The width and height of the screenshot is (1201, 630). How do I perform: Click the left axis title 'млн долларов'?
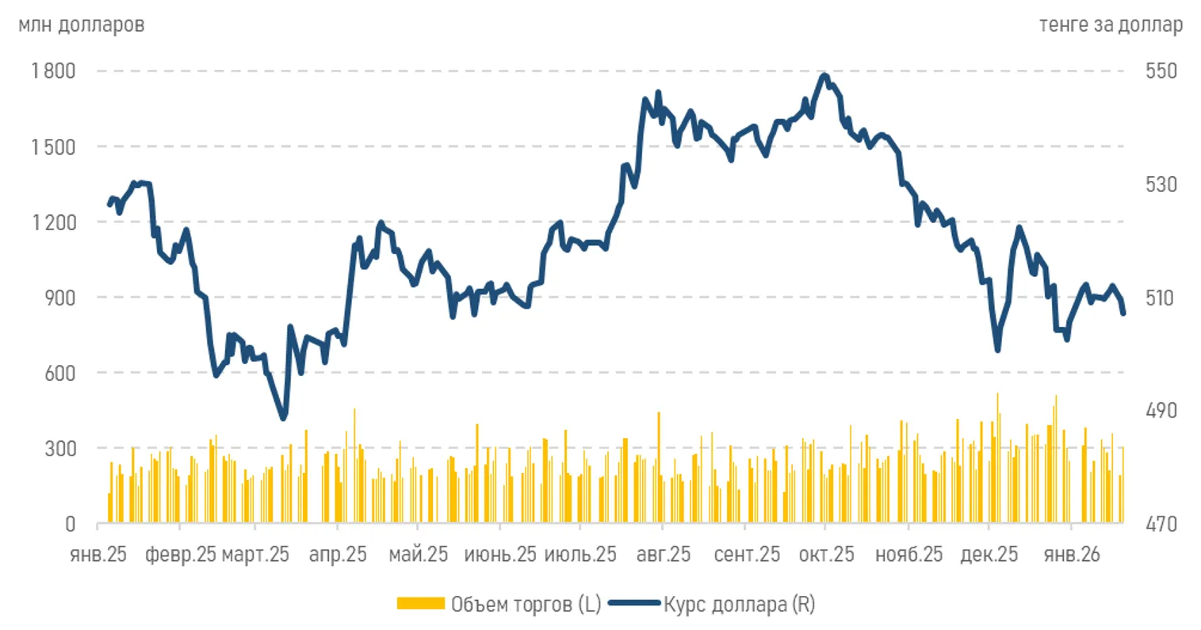pyautogui.click(x=81, y=25)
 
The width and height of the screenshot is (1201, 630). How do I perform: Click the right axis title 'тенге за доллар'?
pyautogui.click(x=1110, y=25)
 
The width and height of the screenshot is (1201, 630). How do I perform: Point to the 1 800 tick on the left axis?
pyautogui.click(x=54, y=71)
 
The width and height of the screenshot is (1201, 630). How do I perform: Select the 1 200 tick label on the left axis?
pyautogui.click(x=54, y=222)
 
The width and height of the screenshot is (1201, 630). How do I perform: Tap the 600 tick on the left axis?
pyautogui.click(x=60, y=373)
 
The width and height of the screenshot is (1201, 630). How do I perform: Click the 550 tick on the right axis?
pyautogui.click(x=1161, y=71)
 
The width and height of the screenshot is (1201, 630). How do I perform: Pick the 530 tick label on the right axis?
pyautogui.click(x=1161, y=184)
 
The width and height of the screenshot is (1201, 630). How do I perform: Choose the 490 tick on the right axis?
pyautogui.click(x=1161, y=410)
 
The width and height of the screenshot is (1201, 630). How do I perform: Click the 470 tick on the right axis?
pyautogui.click(x=1161, y=524)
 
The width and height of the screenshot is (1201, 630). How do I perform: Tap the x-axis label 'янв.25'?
pyautogui.click(x=98, y=554)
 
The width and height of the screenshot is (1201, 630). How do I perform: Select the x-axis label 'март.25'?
pyautogui.click(x=255, y=554)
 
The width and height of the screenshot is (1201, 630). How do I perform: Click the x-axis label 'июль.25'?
pyautogui.click(x=580, y=554)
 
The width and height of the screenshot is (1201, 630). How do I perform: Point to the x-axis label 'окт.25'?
pyautogui.click(x=826, y=554)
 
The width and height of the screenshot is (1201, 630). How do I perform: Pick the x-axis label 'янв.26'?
pyautogui.click(x=1072, y=554)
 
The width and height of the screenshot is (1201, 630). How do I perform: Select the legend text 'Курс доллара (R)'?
pyautogui.click(x=739, y=605)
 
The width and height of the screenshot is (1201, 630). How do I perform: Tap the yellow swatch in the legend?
pyautogui.click(x=420, y=605)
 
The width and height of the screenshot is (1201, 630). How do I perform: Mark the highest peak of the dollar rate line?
pyautogui.click(x=825, y=76)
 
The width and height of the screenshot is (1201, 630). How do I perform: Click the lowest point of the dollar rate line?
pyautogui.click(x=283, y=417)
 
